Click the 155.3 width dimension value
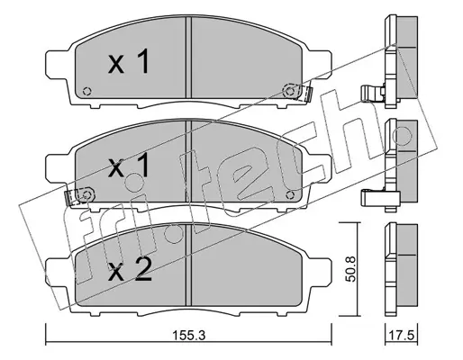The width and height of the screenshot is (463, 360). [189, 335]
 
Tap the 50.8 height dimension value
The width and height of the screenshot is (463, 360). [350, 269]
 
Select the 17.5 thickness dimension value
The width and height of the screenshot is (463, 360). [402, 335]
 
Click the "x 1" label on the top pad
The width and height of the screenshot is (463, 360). [129, 61]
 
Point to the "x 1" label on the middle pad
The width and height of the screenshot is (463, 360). [129, 166]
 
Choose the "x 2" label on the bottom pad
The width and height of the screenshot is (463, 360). [130, 269]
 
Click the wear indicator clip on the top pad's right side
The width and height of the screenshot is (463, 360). [297, 91]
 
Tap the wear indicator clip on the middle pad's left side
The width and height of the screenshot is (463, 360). [80, 196]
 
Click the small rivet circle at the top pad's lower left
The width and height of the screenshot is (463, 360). [87, 91]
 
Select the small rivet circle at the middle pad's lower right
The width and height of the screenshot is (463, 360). [290, 195]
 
